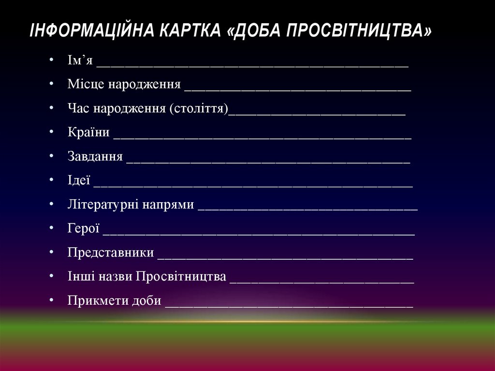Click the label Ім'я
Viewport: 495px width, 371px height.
80,61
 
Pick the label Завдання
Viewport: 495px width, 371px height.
95,157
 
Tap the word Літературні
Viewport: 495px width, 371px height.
103,205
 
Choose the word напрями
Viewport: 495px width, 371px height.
168,205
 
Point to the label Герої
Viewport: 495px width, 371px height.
84,228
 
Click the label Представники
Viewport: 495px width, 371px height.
111,252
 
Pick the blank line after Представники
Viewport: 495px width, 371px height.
285,257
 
